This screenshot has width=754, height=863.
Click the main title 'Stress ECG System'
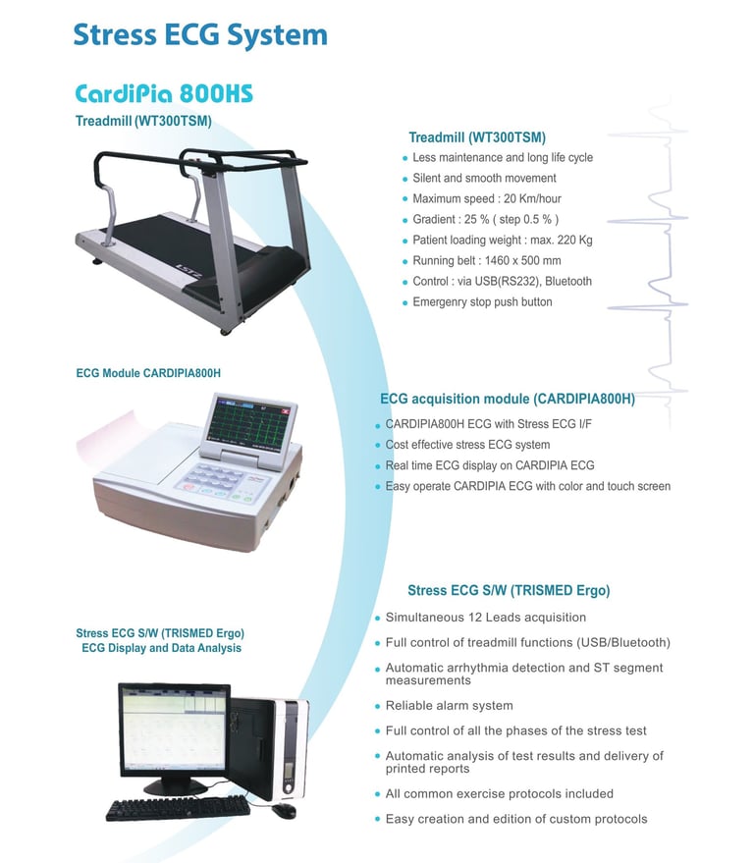point(199,35)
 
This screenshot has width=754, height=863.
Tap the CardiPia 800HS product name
point(164,94)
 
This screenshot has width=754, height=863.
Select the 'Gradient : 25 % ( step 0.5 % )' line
point(486,220)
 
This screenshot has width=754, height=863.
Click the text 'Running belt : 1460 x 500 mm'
point(487,261)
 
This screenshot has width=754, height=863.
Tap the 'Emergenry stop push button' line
point(482,302)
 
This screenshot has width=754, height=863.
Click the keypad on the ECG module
point(215,480)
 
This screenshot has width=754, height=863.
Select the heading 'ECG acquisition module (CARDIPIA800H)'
point(507,400)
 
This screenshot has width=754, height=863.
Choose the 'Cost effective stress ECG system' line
point(467,445)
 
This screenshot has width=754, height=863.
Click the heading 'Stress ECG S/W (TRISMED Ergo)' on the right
point(509,591)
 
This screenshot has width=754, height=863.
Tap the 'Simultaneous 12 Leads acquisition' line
point(485,618)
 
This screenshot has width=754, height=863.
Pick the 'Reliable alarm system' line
point(449,706)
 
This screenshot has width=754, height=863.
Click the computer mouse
point(284,811)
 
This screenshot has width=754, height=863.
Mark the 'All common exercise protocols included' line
point(499,793)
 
